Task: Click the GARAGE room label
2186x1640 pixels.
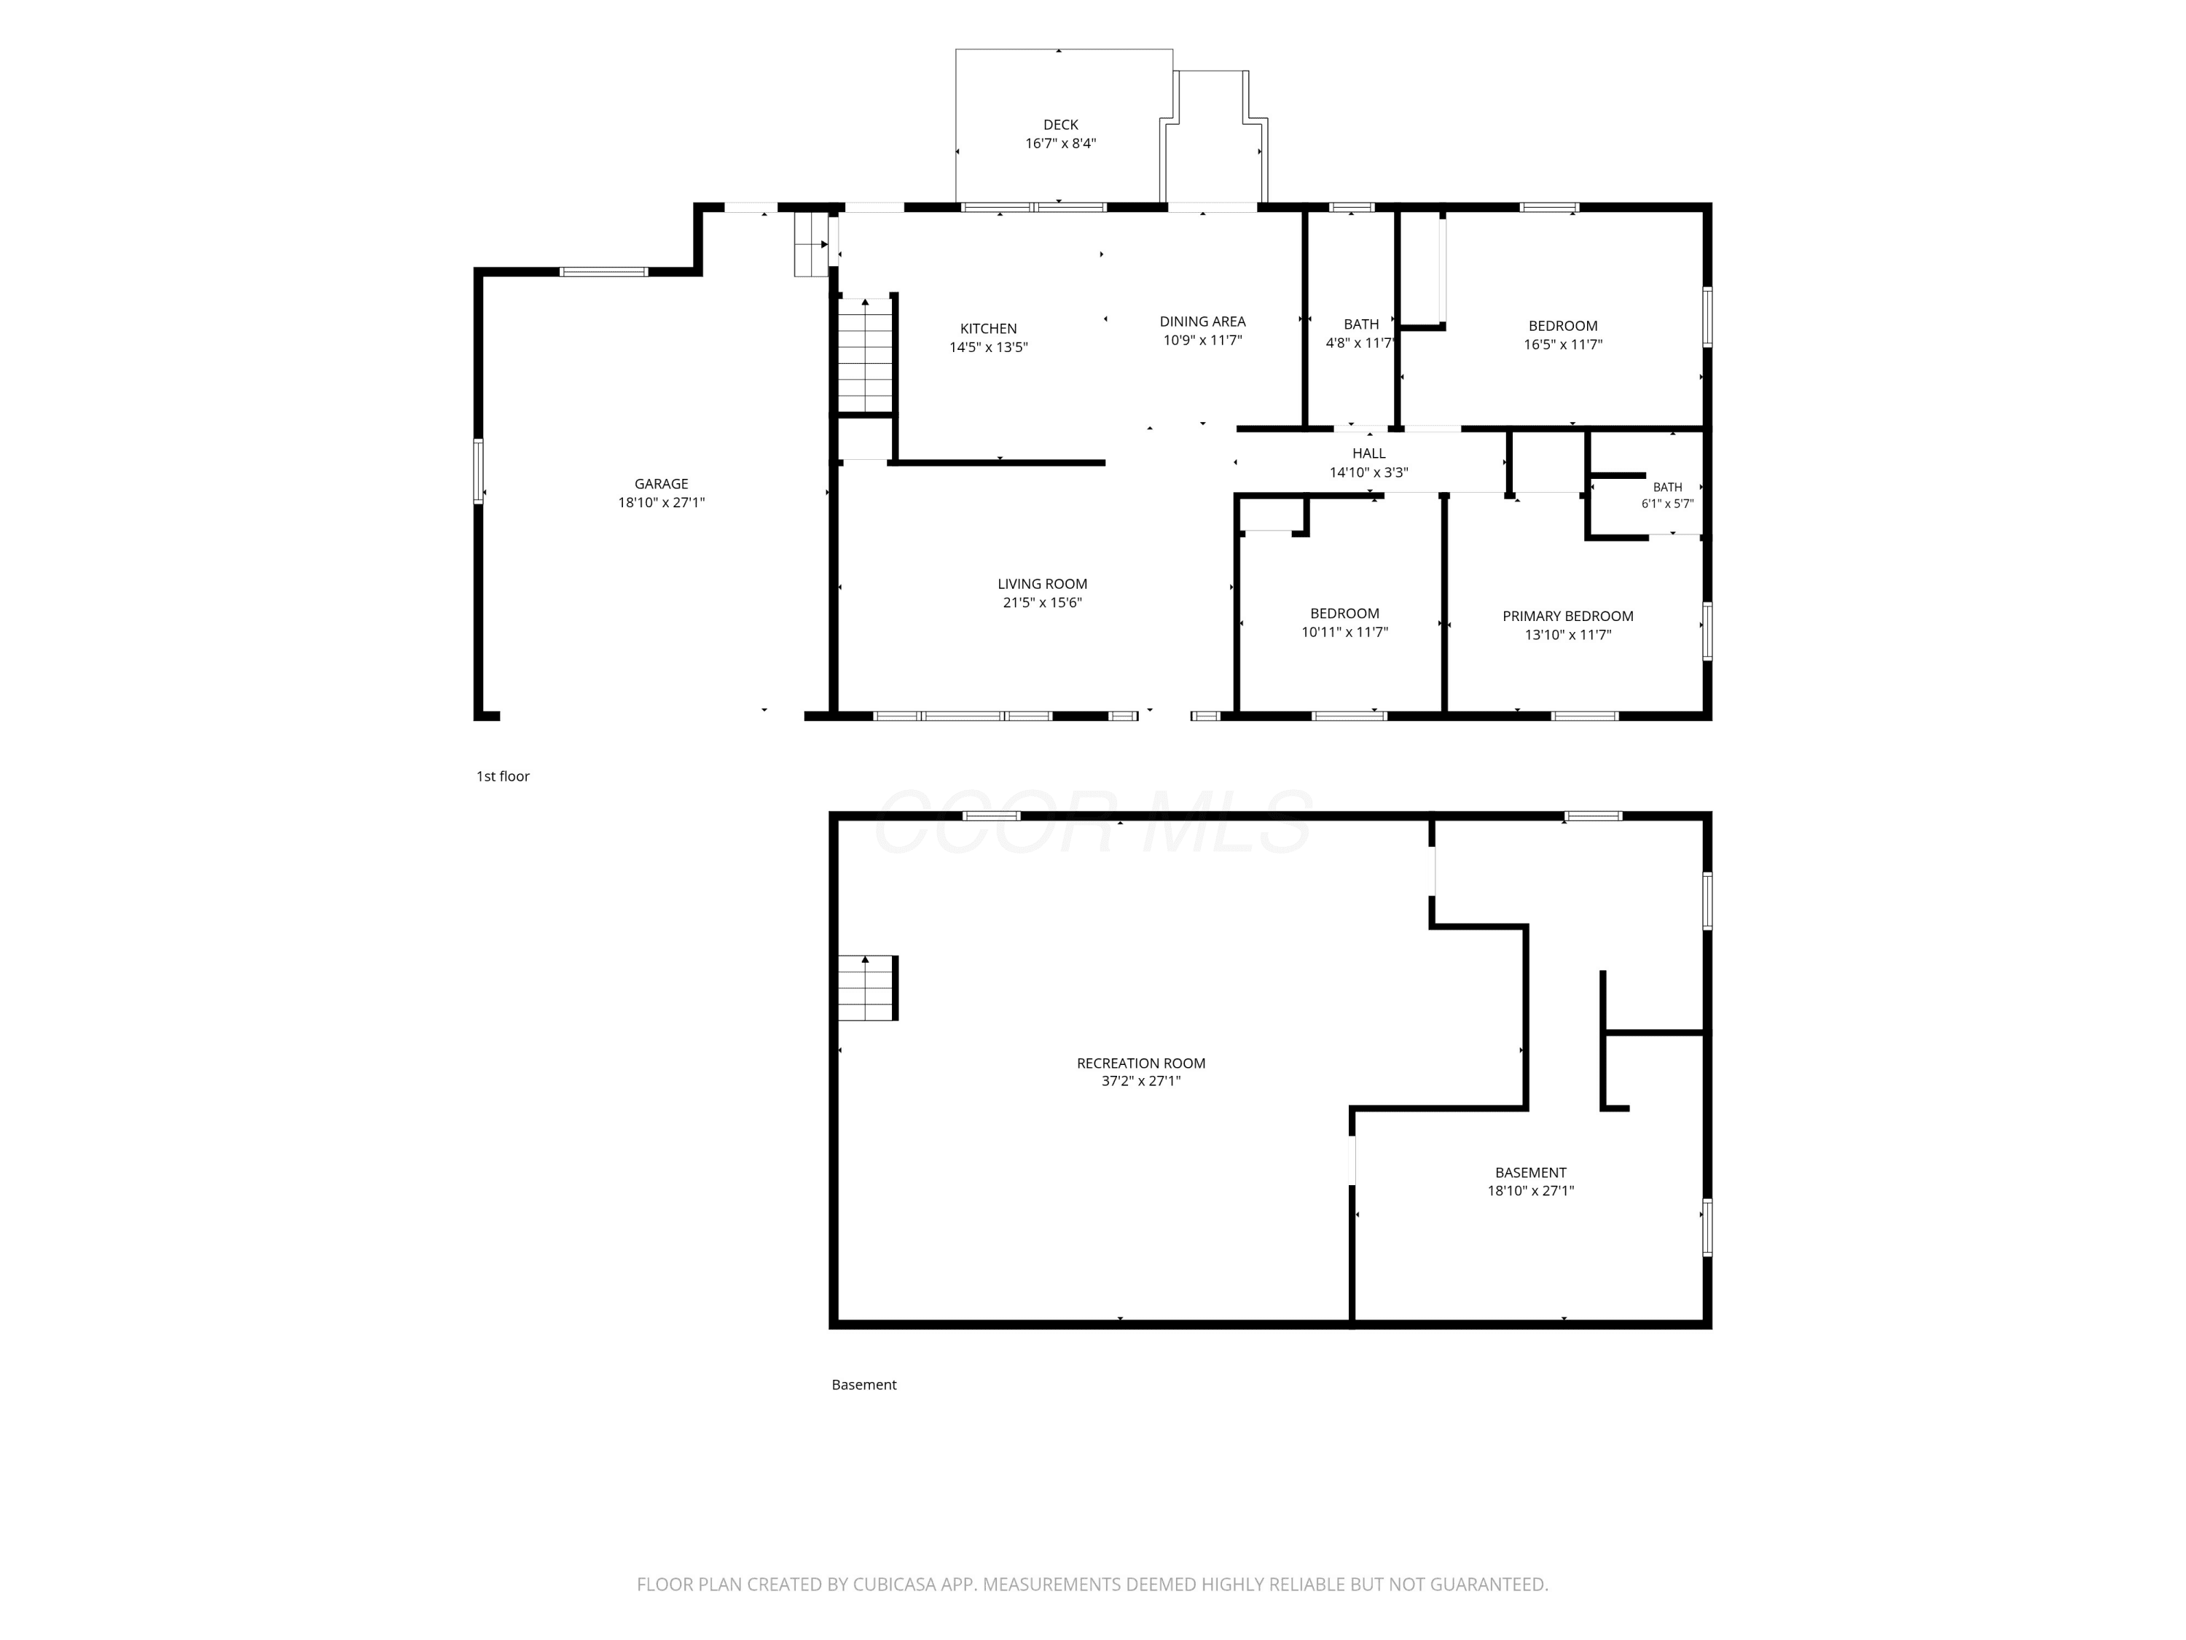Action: pyautogui.click(x=661, y=483)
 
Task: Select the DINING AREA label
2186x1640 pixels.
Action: pyautogui.click(x=1203, y=321)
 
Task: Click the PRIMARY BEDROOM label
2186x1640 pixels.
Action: pyautogui.click(x=1568, y=616)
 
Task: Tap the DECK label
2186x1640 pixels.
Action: pyautogui.click(x=1060, y=125)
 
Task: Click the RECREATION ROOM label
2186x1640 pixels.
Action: pyautogui.click(x=1141, y=1063)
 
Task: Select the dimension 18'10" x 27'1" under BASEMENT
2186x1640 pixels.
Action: pyautogui.click(x=1531, y=1191)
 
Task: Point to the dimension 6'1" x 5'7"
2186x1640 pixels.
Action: pyautogui.click(x=1668, y=503)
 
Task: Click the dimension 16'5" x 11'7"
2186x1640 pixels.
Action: pyautogui.click(x=1564, y=345)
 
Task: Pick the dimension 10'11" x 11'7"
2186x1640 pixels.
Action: pyautogui.click(x=1345, y=632)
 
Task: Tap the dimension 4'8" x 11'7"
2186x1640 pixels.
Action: pyautogui.click(x=1361, y=343)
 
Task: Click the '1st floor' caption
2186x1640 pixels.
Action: pyautogui.click(x=503, y=776)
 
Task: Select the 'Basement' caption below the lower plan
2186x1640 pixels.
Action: pyautogui.click(x=863, y=1385)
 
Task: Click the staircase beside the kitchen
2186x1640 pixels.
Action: pyautogui.click(x=866, y=354)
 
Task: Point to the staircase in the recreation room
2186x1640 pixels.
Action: pyautogui.click(x=868, y=988)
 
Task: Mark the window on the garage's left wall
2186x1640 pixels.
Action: pyautogui.click(x=478, y=472)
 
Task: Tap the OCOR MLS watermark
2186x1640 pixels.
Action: pyautogui.click(x=1093, y=822)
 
